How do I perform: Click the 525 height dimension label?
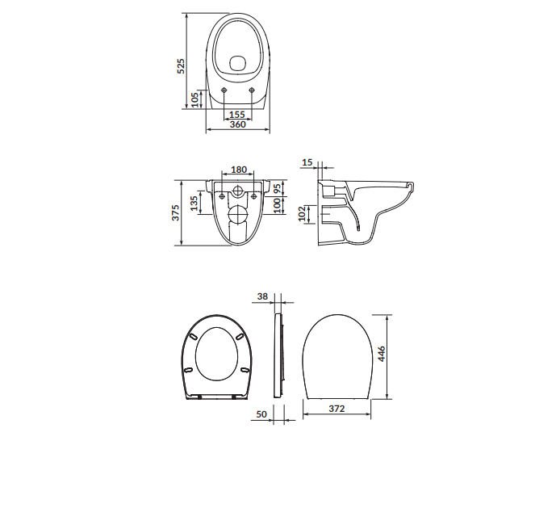[181, 66]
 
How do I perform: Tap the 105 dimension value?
[194, 100]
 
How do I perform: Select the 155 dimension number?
[237, 115]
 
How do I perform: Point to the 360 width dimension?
[237, 124]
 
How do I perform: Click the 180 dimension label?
[239, 170]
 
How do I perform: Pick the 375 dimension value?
[176, 212]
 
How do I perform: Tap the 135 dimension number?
[194, 203]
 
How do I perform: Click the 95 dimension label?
[278, 188]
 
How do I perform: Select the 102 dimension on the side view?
[302, 213]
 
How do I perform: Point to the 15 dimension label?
[307, 162]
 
